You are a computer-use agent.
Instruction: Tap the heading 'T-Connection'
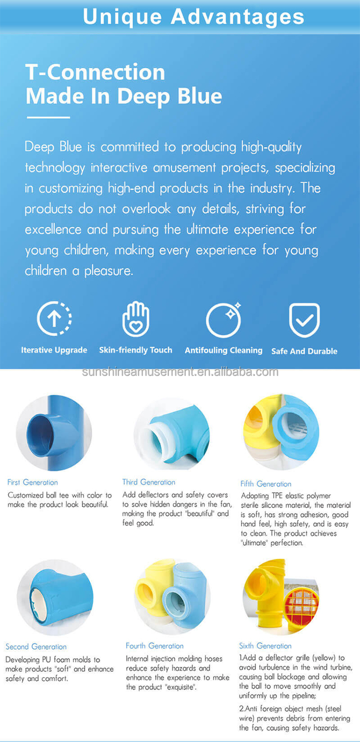click(95, 73)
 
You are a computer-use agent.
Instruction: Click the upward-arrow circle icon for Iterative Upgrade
click(54, 318)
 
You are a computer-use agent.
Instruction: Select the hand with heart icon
click(136, 318)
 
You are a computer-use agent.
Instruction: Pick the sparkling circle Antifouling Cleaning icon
click(224, 319)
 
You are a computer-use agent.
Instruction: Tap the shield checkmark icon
click(304, 320)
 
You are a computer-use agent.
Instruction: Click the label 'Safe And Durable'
click(304, 351)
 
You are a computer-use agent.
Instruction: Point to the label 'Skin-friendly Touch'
click(135, 350)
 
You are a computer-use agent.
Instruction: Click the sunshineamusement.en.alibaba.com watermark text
click(180, 372)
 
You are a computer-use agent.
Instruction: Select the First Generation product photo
click(54, 432)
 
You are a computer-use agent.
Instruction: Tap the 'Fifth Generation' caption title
click(266, 484)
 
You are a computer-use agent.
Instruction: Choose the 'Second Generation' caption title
click(36, 646)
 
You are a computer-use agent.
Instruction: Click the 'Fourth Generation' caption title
click(155, 646)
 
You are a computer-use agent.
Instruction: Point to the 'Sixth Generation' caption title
click(265, 646)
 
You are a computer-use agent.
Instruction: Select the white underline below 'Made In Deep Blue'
click(48, 117)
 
